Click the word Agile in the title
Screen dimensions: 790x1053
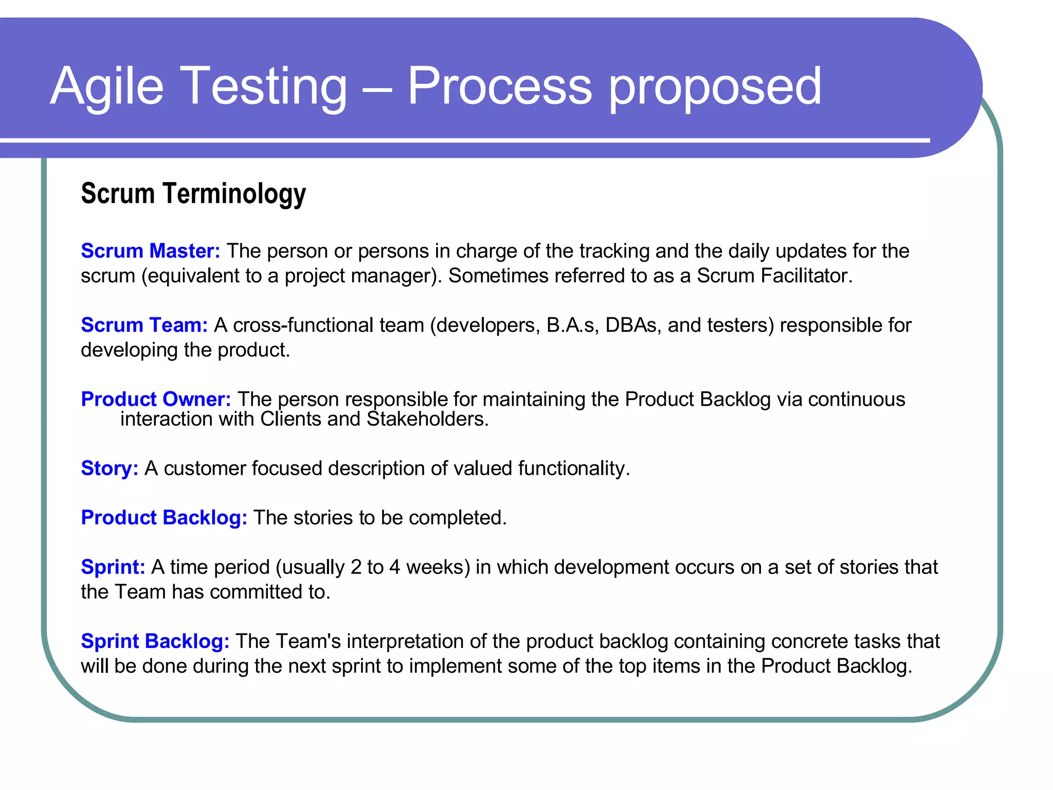click(x=107, y=86)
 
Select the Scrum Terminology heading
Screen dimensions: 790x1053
click(x=193, y=194)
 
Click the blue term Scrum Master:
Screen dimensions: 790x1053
click(x=151, y=251)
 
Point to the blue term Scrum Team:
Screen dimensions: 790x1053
click(x=144, y=325)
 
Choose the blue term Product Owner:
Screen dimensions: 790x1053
click(x=156, y=399)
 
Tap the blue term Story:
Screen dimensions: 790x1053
click(x=110, y=469)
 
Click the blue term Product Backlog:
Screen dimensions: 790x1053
click(x=164, y=518)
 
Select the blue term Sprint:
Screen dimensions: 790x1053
click(x=113, y=567)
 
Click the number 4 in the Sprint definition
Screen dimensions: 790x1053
click(x=394, y=567)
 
